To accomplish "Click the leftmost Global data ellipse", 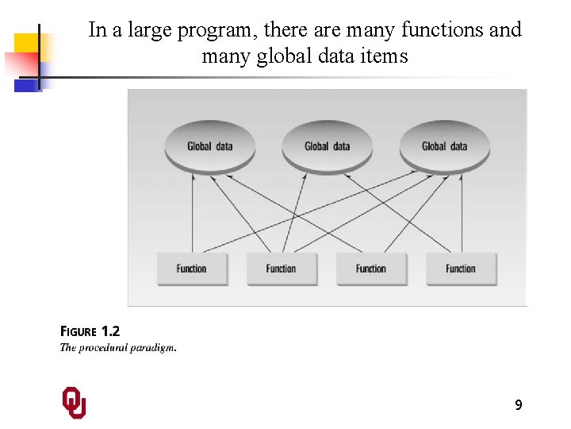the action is [209, 146].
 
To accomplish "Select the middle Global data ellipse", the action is [327, 146].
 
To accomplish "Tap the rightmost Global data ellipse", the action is [444, 146].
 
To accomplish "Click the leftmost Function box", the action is [191, 269].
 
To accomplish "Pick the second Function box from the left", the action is [281, 269].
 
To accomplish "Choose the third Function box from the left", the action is [370, 269].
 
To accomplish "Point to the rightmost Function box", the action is [461, 269].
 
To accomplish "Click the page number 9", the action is [518, 405].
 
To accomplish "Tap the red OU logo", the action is [74, 403].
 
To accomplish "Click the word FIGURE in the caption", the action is [79, 332].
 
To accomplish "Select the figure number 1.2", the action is [110, 332].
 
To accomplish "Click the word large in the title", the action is [149, 30].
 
